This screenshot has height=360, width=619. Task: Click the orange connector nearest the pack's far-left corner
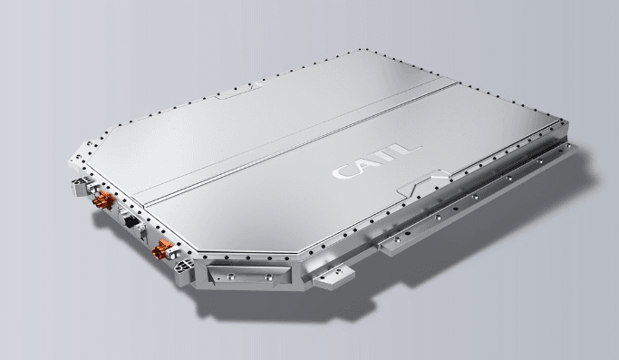click(103, 199)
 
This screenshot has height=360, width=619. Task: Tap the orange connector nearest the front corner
click(162, 249)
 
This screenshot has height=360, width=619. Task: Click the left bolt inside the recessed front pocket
click(231, 277)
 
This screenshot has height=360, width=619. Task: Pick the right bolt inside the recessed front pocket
click(269, 277)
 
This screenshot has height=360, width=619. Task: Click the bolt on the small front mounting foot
click(339, 271)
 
